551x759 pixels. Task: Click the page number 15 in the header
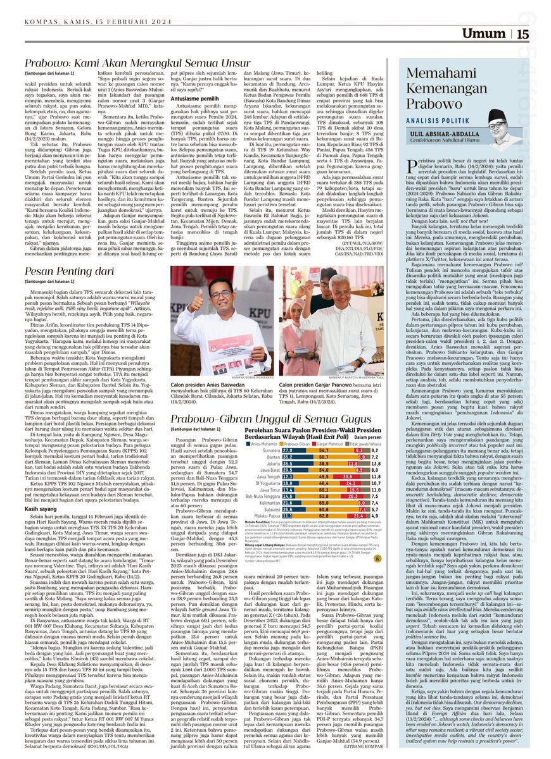click(x=523, y=35)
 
